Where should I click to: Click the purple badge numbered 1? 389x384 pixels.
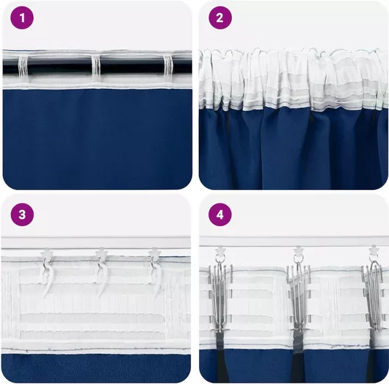coord(22,18)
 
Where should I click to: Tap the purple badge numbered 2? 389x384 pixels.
coord(220,18)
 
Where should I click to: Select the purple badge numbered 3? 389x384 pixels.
coord(22,214)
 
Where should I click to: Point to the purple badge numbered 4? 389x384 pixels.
coord(220,214)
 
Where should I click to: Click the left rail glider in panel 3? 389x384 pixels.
coord(46,253)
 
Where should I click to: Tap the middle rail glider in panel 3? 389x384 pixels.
coord(101,253)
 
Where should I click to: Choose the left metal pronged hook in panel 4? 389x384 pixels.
coord(220,295)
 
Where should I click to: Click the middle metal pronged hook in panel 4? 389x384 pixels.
coord(299,295)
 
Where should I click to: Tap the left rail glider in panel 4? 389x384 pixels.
coord(219,251)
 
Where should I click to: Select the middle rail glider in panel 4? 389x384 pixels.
coord(299,250)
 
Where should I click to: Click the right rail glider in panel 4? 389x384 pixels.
coord(374,250)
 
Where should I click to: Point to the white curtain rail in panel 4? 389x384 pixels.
coord(294,242)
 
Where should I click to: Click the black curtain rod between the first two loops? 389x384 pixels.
coord(59,67)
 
